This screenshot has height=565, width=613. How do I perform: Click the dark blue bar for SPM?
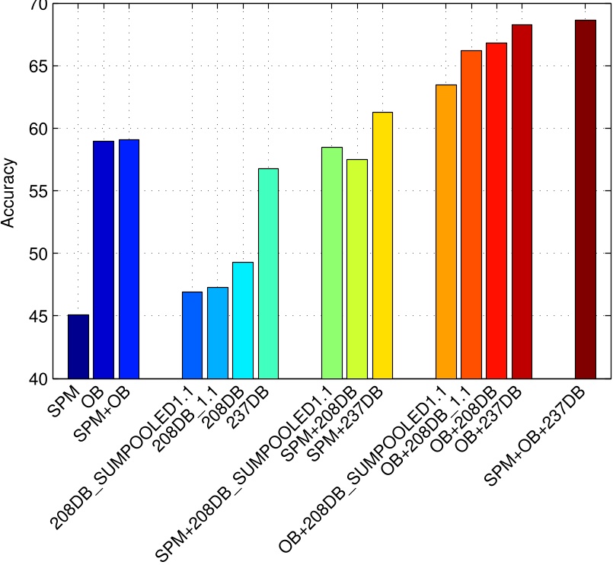pyautogui.click(x=78, y=346)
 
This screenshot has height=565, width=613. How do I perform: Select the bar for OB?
pyautogui.click(x=104, y=260)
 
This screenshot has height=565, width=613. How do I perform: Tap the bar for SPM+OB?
pyautogui.click(x=129, y=259)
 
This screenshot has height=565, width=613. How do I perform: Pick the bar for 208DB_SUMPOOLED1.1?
pyautogui.click(x=192, y=335)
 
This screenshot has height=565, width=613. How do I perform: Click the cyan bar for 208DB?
pyautogui.click(x=243, y=320)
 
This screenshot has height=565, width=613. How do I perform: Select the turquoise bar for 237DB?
pyautogui.click(x=268, y=273)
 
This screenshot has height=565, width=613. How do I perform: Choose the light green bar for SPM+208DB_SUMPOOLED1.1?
pyautogui.click(x=332, y=263)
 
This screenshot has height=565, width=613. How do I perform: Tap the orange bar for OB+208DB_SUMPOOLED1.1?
pyautogui.click(x=446, y=231)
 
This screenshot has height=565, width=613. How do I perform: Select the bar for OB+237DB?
pyautogui.click(x=522, y=201)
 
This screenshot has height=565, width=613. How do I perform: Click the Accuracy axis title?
pyautogui.click(x=8, y=192)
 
